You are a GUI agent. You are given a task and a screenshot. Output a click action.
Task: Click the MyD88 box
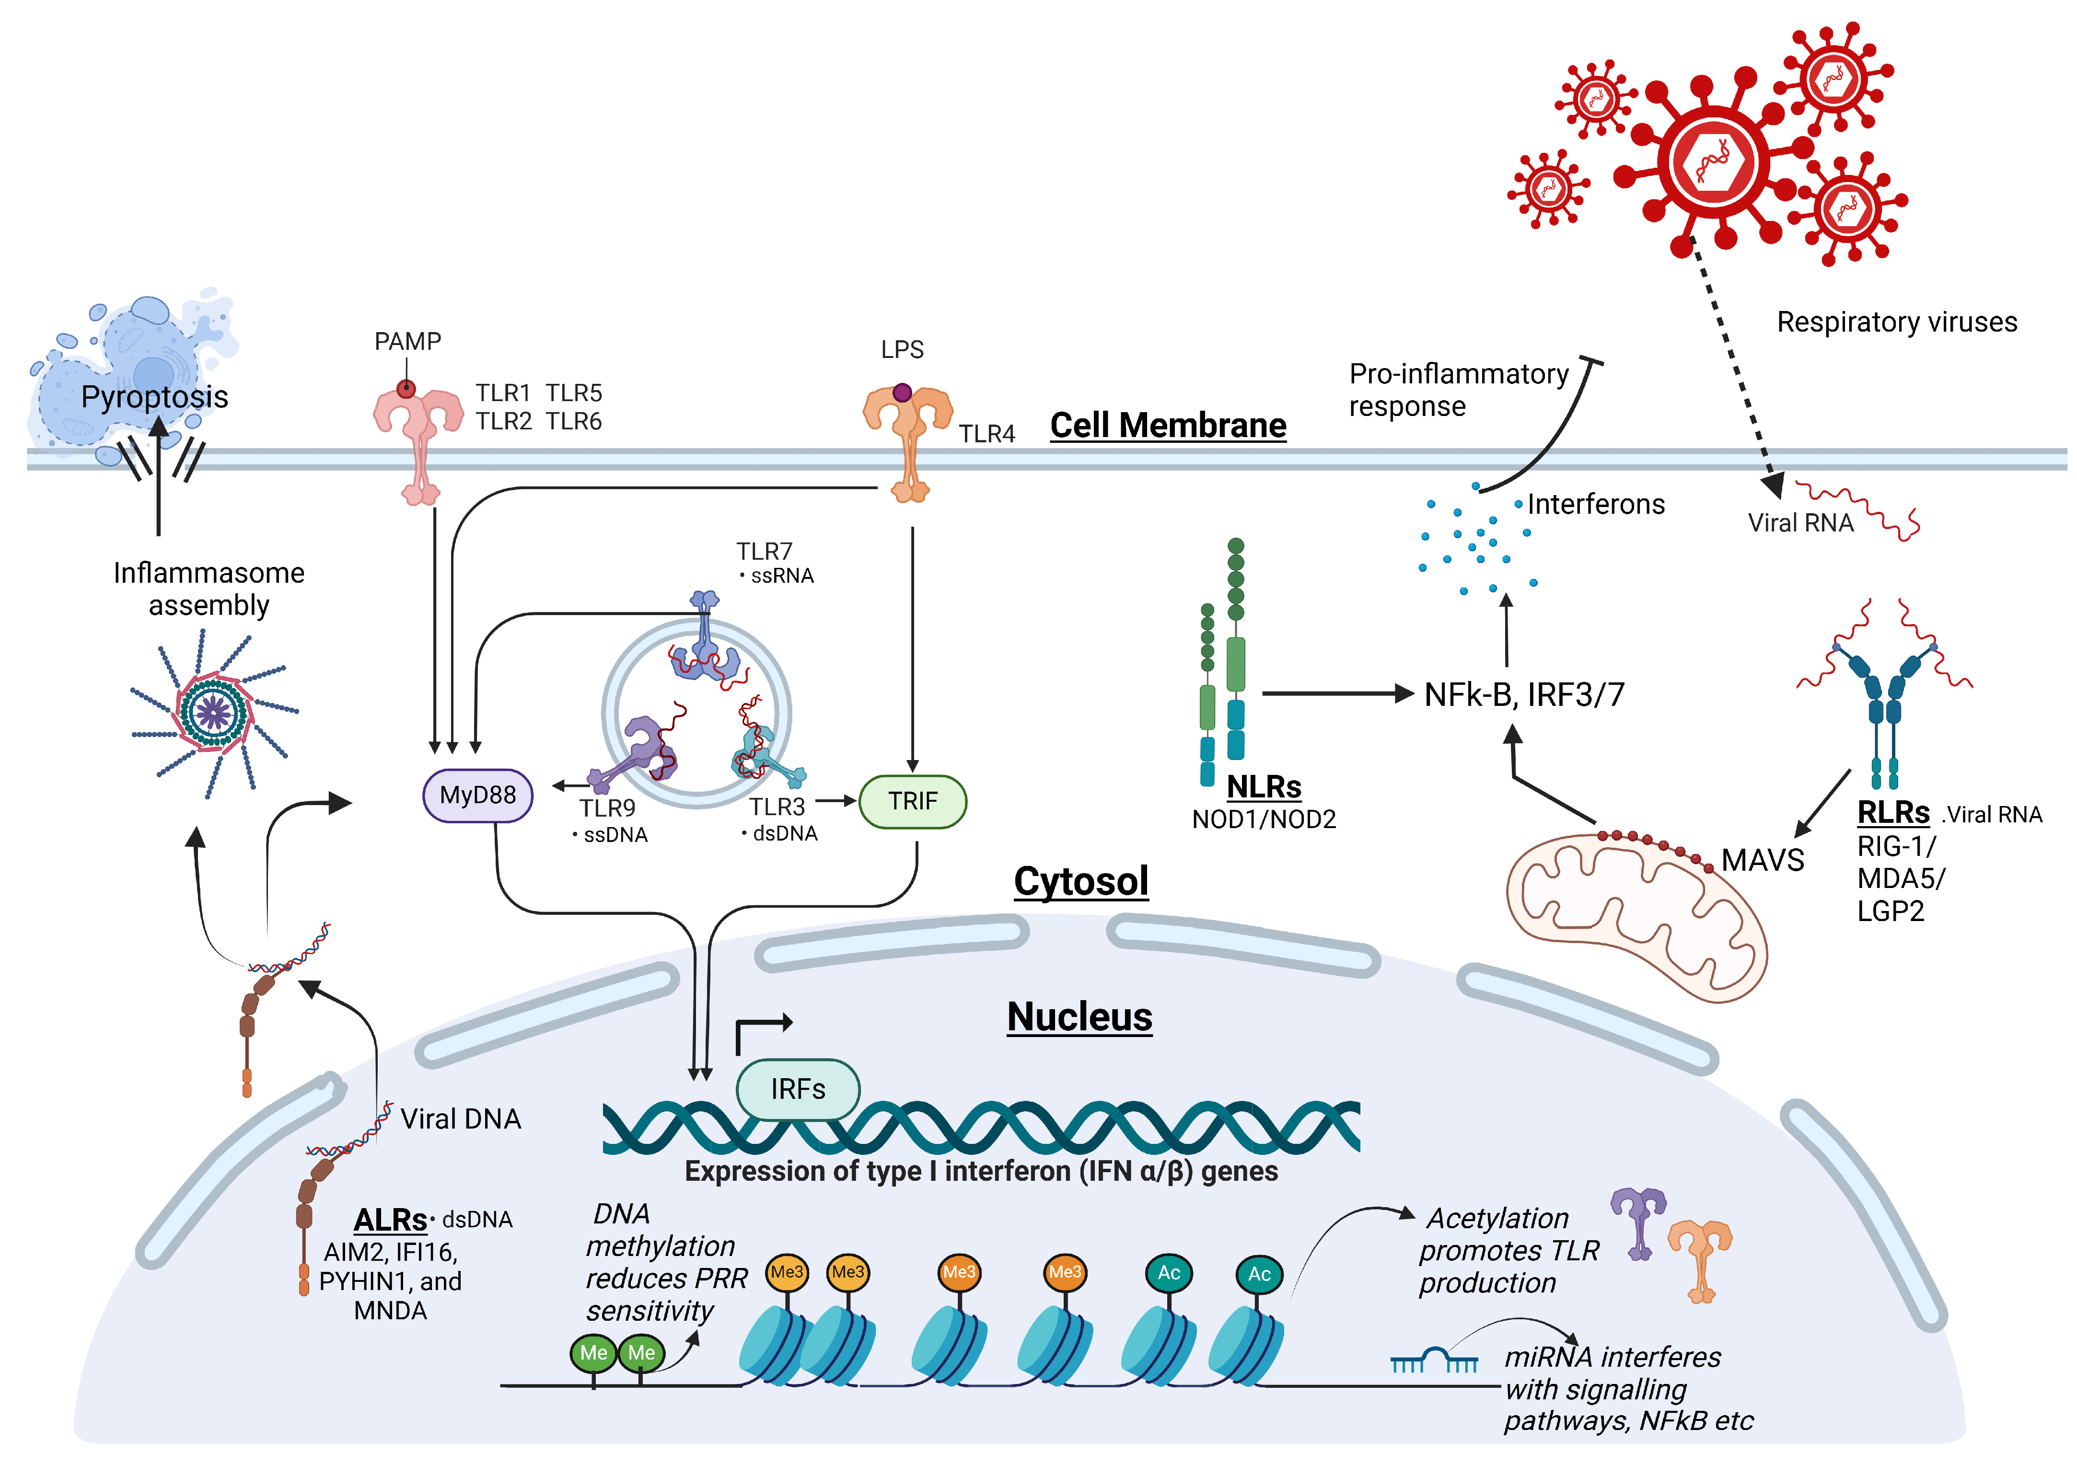(x=477, y=796)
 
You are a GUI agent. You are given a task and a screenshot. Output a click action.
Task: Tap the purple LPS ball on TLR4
(x=902, y=392)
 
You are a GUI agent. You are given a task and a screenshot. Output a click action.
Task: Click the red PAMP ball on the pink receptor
(x=406, y=389)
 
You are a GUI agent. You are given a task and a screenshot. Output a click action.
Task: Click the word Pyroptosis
(x=155, y=397)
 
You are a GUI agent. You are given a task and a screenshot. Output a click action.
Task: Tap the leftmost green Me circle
(x=593, y=1353)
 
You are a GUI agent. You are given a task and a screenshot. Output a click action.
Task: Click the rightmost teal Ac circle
(x=1259, y=1274)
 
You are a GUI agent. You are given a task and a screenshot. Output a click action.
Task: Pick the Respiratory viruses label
(x=1896, y=322)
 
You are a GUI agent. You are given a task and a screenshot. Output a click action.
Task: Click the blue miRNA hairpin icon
(x=1434, y=1359)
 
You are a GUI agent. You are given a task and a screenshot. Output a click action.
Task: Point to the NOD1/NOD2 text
(x=1263, y=819)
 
